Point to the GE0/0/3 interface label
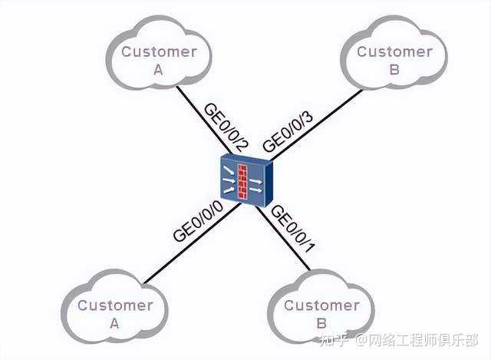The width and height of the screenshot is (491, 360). click(x=288, y=131)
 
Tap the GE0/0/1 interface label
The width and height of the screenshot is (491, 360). click(x=294, y=229)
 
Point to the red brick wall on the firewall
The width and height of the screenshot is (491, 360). click(x=245, y=181)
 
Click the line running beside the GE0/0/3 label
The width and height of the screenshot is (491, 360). click(x=322, y=123)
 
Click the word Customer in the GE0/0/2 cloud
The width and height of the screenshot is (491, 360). click(x=160, y=52)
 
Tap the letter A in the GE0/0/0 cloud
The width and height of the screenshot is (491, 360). click(x=115, y=323)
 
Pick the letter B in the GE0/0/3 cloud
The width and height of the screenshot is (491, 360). click(x=394, y=70)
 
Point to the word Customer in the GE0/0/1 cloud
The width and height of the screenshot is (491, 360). click(x=321, y=306)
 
